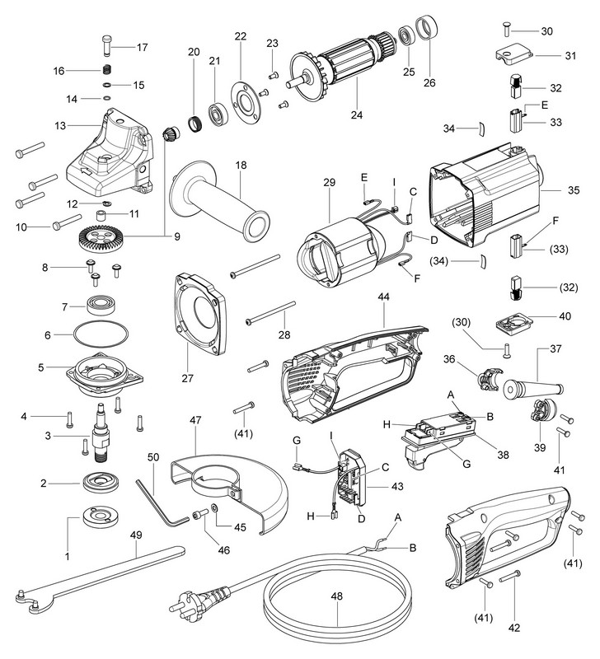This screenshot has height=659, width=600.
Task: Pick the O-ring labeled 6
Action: pyautogui.click(x=98, y=336)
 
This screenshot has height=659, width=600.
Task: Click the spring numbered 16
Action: pyautogui.click(x=105, y=69)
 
